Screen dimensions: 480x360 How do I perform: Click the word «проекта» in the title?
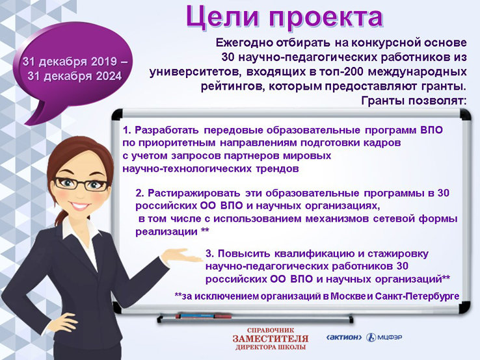(x=326, y=18)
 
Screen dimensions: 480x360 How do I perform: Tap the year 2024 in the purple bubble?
(x=109, y=76)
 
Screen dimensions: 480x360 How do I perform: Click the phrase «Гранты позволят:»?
(x=414, y=101)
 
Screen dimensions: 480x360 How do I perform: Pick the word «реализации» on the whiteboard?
(x=167, y=232)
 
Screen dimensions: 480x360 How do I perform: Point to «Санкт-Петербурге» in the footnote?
(x=417, y=296)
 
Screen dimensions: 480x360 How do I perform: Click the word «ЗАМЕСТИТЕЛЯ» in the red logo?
(x=271, y=339)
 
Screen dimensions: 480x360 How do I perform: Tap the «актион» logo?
(x=344, y=337)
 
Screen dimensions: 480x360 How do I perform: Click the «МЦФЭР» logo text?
(x=390, y=337)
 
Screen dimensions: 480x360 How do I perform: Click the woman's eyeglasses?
(x=81, y=183)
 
